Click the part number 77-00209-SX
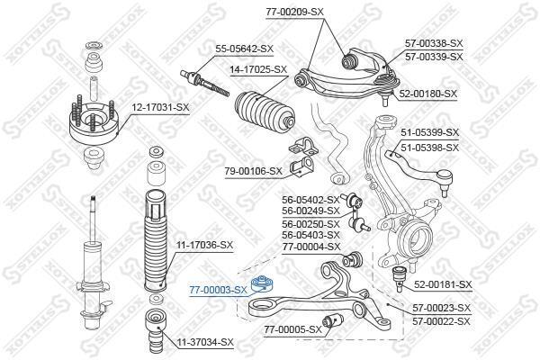coord(294,12)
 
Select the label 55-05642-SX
coord(244,49)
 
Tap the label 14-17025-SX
coord(258,69)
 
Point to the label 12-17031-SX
coord(160,108)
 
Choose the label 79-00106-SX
coord(253,171)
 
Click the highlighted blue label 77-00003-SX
coord(218,291)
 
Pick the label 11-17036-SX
coord(204,246)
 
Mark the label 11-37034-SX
coord(205,342)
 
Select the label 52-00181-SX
coord(443,284)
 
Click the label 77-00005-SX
coord(292,330)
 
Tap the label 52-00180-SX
coord(427,94)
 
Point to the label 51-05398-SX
coord(429,148)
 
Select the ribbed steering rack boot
coord(265,111)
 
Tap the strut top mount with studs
coord(94,124)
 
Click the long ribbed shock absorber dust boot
coord(156,239)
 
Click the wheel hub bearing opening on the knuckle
coord(420,238)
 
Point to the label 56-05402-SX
coord(311,200)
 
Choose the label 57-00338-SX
coord(434,43)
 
